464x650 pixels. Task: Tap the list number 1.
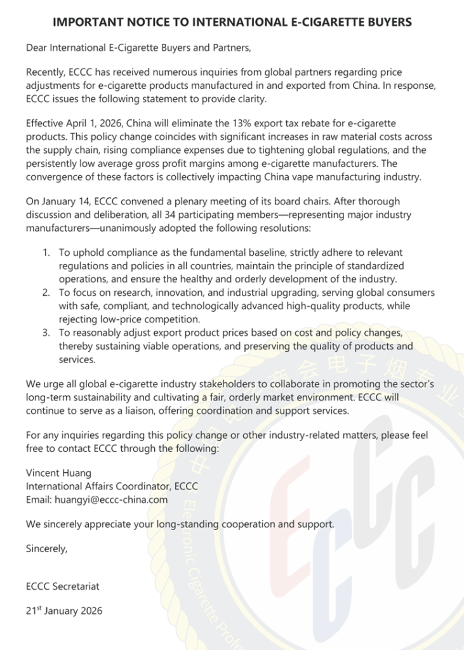click(x=46, y=253)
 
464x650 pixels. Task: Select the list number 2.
click(x=46, y=293)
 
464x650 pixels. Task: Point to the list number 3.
click(x=46, y=333)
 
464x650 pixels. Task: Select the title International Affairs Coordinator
click(x=98, y=486)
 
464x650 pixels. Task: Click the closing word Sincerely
click(x=46, y=549)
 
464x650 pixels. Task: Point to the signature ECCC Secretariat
click(x=63, y=587)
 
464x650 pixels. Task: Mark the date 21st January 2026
click(x=63, y=611)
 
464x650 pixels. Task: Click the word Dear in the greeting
click(x=37, y=47)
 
